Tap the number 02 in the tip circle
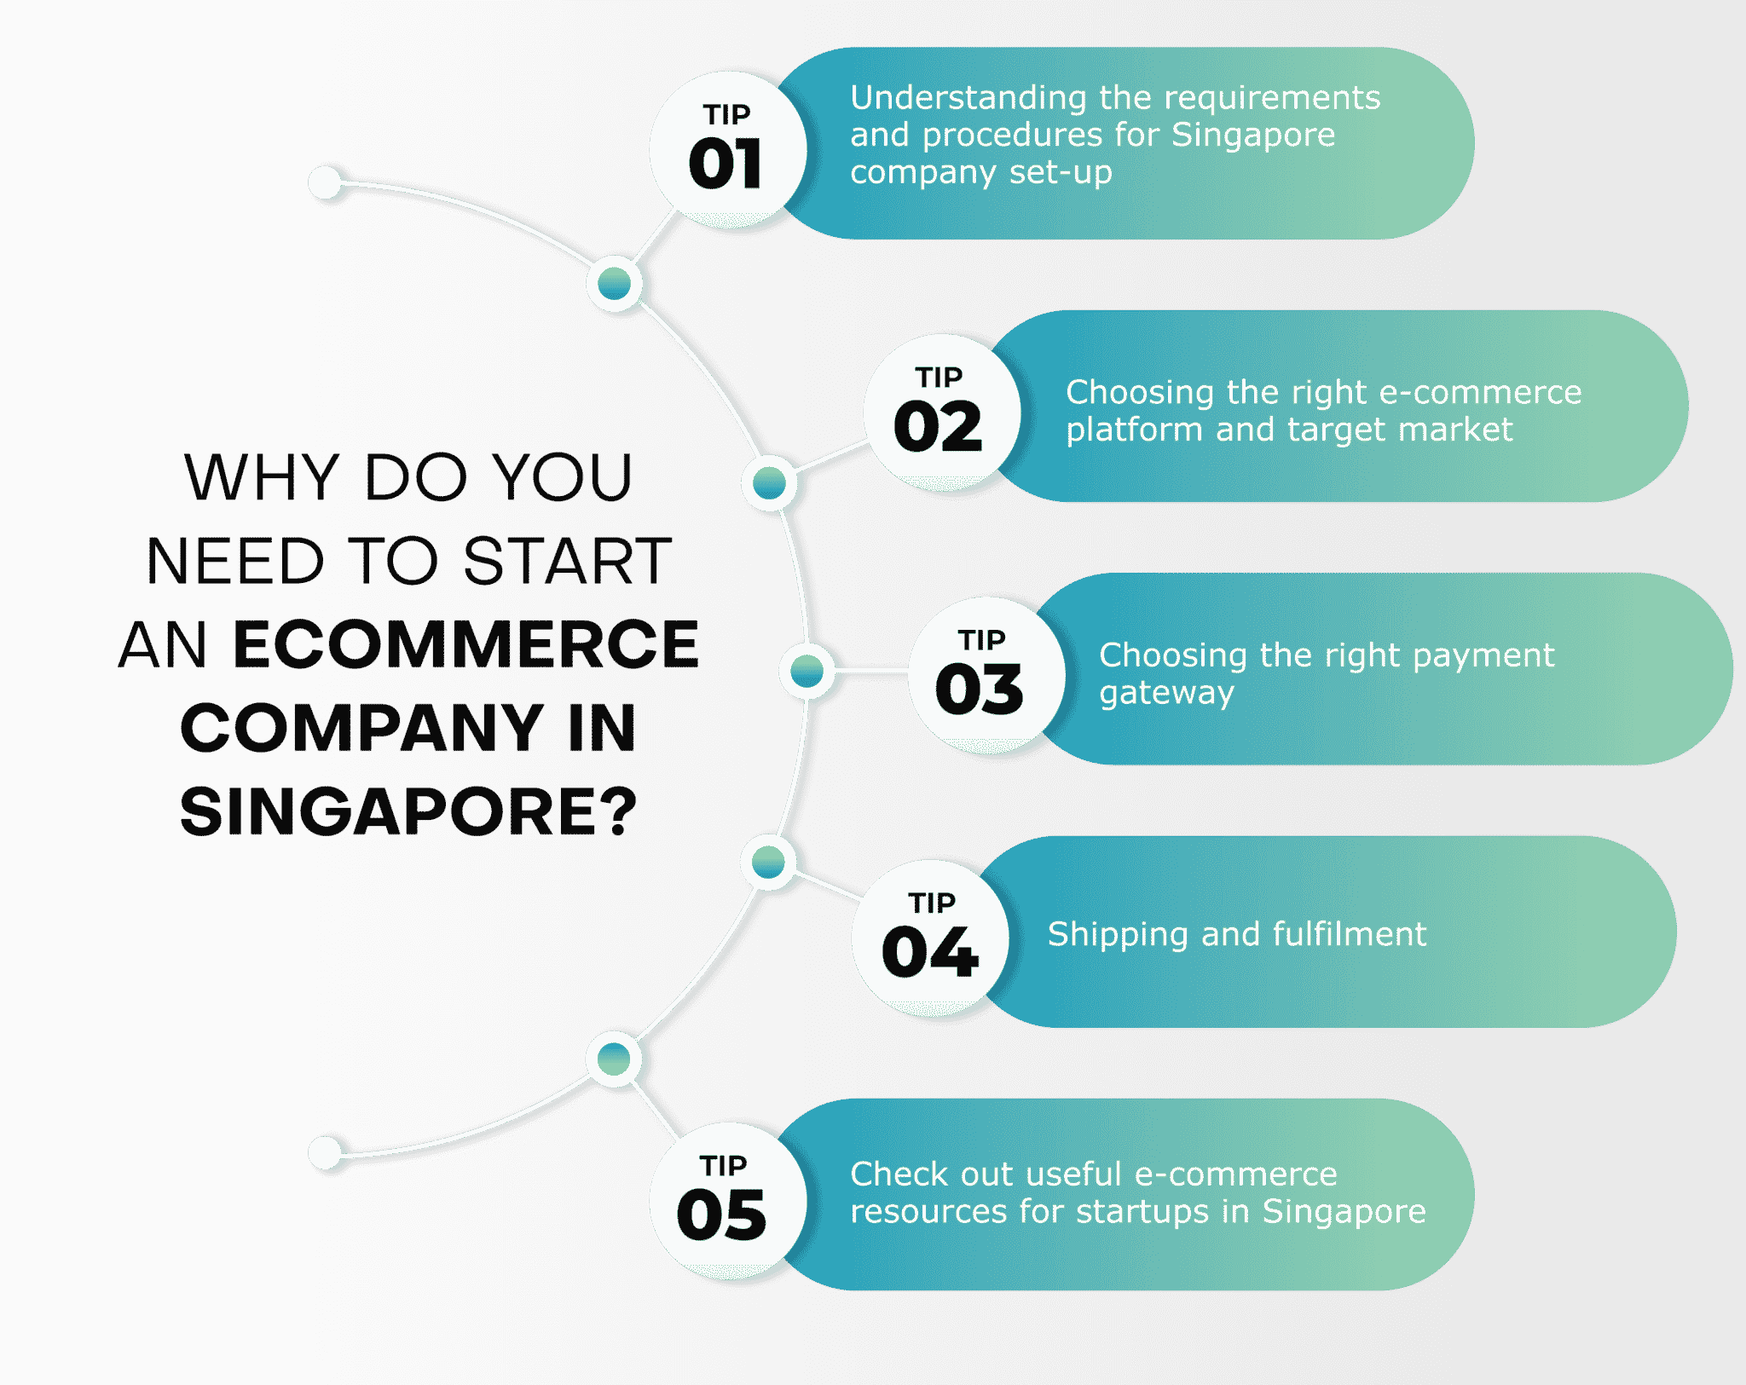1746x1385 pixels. (938, 426)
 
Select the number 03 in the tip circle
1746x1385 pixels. (980, 690)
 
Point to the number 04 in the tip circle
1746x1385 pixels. (930, 952)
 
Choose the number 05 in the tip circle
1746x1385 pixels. (721, 1215)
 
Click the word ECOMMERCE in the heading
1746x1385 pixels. (466, 644)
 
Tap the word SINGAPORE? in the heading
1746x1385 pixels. (408, 811)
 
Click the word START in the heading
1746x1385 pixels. (568, 561)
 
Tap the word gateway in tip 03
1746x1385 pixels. (1166, 694)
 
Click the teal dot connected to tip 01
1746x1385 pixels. (615, 283)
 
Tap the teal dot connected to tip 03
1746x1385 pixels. (807, 671)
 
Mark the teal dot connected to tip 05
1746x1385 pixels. (614, 1059)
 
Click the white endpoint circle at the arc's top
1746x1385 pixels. (325, 182)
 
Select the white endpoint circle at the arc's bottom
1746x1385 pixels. (325, 1152)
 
